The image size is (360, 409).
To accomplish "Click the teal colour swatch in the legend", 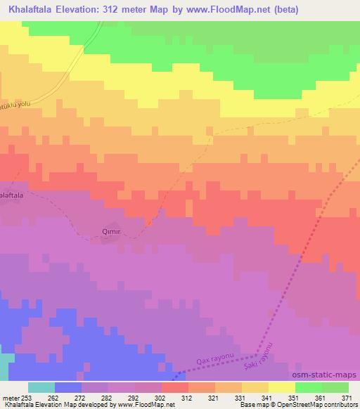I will click(41, 387).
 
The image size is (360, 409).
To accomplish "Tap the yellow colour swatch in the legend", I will click(281, 387).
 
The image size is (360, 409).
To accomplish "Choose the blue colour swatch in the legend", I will click(68, 387).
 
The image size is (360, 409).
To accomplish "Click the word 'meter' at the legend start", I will click(11, 398).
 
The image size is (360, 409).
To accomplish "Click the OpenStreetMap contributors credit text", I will click(313, 405).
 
